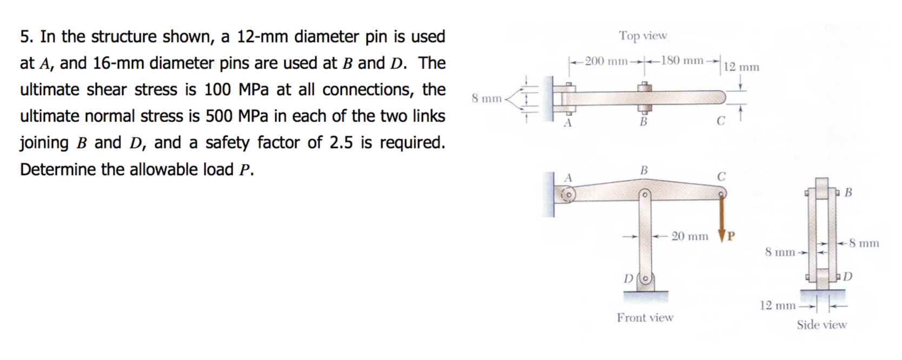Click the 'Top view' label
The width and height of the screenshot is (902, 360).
click(x=643, y=36)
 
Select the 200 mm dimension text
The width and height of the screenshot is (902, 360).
click(x=606, y=61)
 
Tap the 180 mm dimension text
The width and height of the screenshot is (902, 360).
click(x=682, y=60)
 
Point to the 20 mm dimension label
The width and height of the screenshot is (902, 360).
click(x=689, y=236)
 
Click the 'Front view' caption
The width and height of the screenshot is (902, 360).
click(x=645, y=318)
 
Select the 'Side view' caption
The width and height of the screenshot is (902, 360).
click(x=821, y=325)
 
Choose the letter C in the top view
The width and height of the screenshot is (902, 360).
click(x=721, y=121)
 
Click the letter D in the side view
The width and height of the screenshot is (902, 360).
click(x=847, y=276)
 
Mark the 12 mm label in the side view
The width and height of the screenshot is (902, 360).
click(x=777, y=305)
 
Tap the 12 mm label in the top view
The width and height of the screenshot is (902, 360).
click(x=741, y=68)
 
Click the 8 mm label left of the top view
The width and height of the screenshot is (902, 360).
click(x=486, y=98)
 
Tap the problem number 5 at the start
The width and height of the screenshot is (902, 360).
click(x=24, y=37)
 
